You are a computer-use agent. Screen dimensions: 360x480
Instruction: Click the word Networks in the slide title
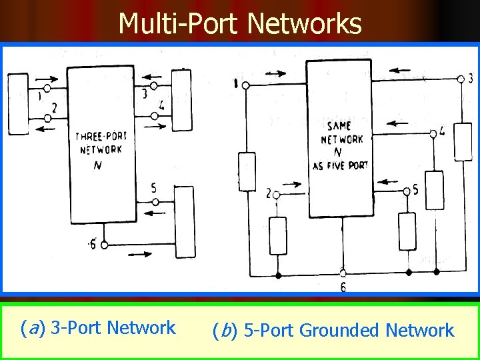pos(304,24)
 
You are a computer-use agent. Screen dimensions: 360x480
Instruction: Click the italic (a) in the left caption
pos(33,328)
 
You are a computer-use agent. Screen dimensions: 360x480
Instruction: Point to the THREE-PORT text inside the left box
pos(101,136)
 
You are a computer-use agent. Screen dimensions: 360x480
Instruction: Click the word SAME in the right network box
pos(339,125)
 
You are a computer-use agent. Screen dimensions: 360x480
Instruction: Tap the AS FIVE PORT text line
pos(340,165)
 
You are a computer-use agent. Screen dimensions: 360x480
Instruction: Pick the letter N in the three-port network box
pos(98,165)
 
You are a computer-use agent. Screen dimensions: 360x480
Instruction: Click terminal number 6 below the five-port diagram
pos(343,287)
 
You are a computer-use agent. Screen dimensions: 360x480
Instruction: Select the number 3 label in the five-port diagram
pos(471,79)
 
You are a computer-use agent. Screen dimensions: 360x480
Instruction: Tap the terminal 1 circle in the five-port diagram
pos(245,85)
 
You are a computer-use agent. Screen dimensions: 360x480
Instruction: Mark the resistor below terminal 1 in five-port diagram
pos(247,172)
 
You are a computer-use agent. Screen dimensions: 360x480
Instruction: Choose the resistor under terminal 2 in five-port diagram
pos(278,235)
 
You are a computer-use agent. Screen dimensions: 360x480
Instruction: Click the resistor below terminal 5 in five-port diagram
pos(407,231)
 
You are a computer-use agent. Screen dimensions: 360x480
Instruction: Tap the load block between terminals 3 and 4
pos(181,101)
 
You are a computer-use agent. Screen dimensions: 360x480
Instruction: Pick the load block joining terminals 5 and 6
pos(185,222)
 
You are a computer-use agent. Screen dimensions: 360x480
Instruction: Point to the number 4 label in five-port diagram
pos(443,132)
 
